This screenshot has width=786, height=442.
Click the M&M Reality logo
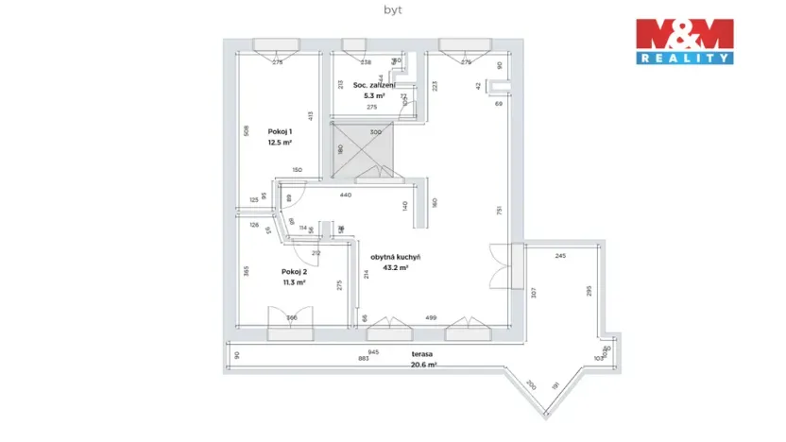pyautogui.click(x=683, y=41)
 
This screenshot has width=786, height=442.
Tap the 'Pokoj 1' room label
pyautogui.click(x=280, y=131)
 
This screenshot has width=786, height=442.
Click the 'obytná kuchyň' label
pyautogui.click(x=395, y=257)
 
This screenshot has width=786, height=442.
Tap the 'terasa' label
pyautogui.click(x=421, y=354)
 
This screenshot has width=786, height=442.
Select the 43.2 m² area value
pyautogui.click(x=395, y=267)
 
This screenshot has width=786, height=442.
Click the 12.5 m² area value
pyautogui.click(x=280, y=142)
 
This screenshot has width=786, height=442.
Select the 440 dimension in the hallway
pyautogui.click(x=345, y=195)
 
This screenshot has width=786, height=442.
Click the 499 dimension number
pyautogui.click(x=430, y=317)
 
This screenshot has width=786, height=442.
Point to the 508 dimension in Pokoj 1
pyautogui.click(x=246, y=131)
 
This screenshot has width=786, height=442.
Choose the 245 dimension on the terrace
pyautogui.click(x=560, y=256)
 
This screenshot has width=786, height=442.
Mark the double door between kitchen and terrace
pyautogui.click(x=499, y=266)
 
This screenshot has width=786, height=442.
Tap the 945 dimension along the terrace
pyautogui.click(x=373, y=351)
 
